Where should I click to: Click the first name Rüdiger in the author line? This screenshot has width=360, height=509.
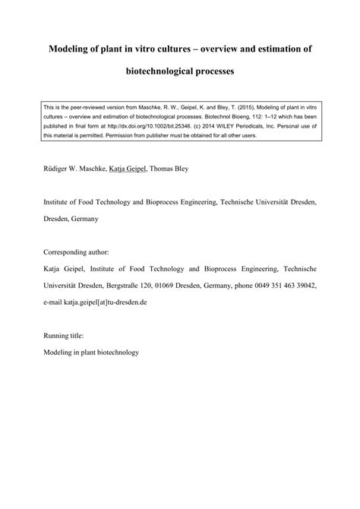coord(62,169)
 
